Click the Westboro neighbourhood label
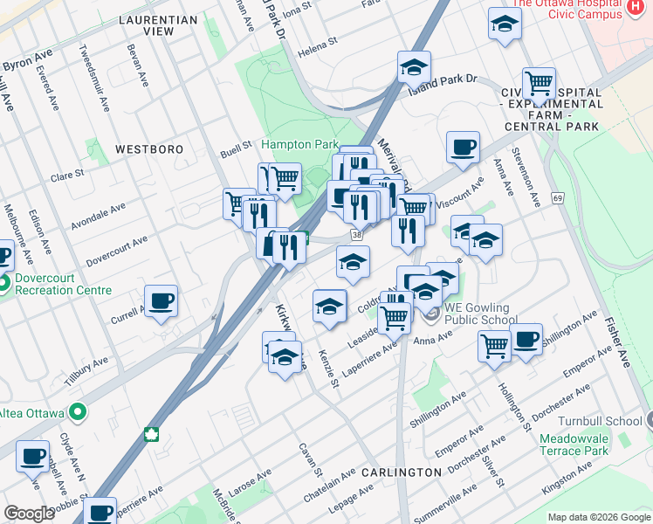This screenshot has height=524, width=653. tap(149, 149)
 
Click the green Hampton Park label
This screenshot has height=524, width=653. tap(299, 144)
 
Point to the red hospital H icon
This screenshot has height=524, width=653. tap(636, 7)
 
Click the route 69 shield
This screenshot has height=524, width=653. tap(557, 200)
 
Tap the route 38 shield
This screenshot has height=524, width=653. tap(356, 235)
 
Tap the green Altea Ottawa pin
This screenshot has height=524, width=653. tap(79, 411)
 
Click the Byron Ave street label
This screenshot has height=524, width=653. tap(28, 64)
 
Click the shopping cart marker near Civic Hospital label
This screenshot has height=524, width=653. tap(539, 83)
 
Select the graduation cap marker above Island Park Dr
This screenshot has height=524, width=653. tap(414, 65)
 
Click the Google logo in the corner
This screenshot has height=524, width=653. tap(29, 513)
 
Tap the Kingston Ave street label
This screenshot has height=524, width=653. tap(569, 479)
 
